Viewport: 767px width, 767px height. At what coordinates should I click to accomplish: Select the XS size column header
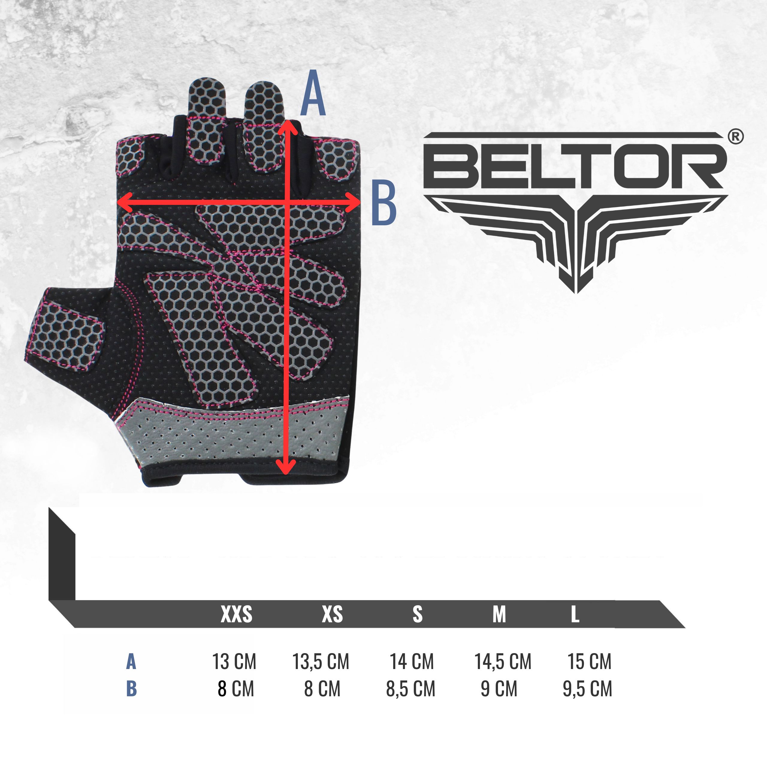[x=332, y=614]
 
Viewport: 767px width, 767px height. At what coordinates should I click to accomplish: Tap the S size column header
[x=417, y=614]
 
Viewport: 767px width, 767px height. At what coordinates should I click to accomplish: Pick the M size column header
[x=499, y=614]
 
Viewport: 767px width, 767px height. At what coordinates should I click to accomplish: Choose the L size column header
[x=575, y=614]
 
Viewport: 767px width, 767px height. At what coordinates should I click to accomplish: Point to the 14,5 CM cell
[x=503, y=662]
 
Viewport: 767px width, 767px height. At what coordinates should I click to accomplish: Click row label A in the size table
[x=131, y=662]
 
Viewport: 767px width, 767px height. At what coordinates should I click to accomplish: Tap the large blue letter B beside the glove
[x=383, y=203]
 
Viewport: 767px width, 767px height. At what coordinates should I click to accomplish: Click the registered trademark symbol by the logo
[x=736, y=137]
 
